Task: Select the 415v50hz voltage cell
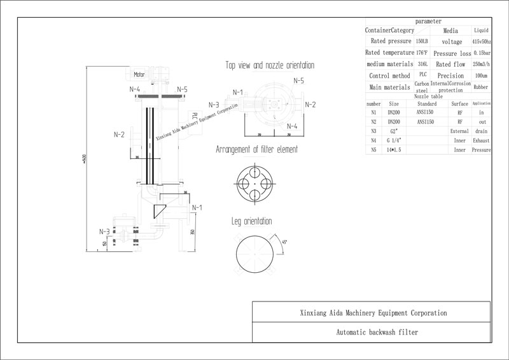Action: pos(482,41)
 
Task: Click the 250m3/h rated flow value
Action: pos(482,64)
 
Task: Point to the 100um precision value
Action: pos(482,76)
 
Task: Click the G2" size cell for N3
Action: pos(394,130)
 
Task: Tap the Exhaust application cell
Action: pos(482,140)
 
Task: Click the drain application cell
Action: pos(482,130)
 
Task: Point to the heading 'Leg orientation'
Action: pos(251,221)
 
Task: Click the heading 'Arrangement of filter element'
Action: pos(256,150)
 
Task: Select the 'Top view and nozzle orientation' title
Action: pos(269,66)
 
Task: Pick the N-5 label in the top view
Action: pos(299,81)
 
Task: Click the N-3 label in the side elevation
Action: pos(104,232)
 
